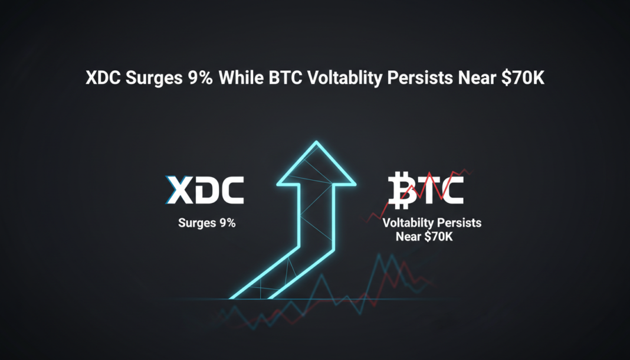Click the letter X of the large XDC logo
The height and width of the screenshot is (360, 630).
(180, 190)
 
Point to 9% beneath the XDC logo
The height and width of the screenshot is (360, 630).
(225, 224)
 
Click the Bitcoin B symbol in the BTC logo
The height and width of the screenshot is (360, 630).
(403, 190)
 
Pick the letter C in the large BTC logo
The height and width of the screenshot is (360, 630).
(451, 190)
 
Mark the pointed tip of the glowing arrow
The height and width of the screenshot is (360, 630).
(317, 142)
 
